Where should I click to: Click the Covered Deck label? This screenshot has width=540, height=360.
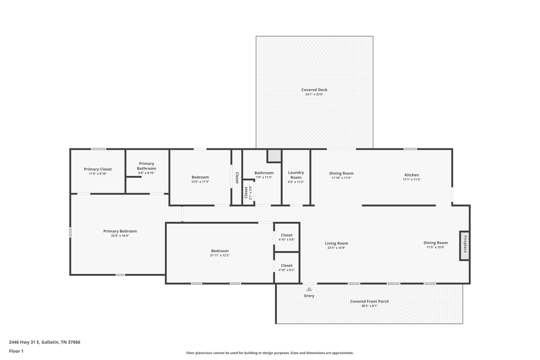[x=314, y=90]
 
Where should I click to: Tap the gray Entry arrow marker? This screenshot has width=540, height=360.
[x=309, y=289]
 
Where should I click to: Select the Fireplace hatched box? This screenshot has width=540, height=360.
[x=465, y=246]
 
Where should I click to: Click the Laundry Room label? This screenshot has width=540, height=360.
[x=296, y=175]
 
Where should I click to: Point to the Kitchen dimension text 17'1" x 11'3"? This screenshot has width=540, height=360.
[x=412, y=180]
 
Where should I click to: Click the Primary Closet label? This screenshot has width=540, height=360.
[x=98, y=169]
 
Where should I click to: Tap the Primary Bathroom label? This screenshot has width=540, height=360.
[x=146, y=166]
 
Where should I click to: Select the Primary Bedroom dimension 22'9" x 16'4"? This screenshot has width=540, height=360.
[x=120, y=236]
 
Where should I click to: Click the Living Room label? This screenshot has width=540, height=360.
[x=336, y=243]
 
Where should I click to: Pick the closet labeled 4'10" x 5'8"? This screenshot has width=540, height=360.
[x=287, y=237]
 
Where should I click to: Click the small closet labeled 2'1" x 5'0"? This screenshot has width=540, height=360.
[x=248, y=193]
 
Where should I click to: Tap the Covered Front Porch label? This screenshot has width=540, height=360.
[x=369, y=301]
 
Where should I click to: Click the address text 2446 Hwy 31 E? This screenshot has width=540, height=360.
[x=24, y=342]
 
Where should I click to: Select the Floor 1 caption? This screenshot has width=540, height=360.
[x=16, y=351]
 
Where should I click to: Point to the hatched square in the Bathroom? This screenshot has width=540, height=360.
[x=274, y=156]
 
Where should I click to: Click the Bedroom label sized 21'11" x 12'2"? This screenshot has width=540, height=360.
[x=220, y=251]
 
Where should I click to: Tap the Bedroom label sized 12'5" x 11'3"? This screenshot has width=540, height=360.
[x=200, y=177]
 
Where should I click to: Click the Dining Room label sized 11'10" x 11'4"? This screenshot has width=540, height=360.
[x=341, y=173]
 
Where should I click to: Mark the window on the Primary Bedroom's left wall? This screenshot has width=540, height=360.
[x=70, y=232]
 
